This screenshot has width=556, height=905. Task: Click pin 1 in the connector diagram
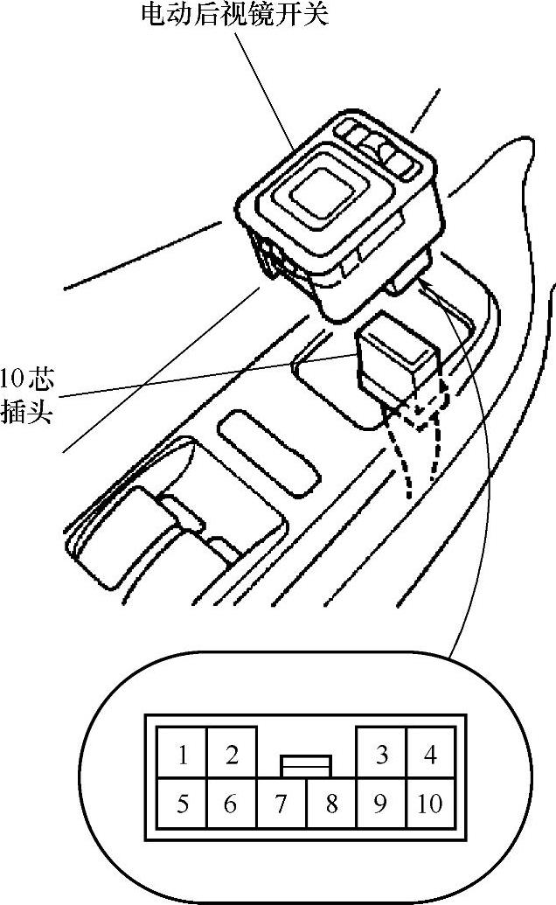click(182, 755)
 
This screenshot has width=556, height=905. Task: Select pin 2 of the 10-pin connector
click(232, 755)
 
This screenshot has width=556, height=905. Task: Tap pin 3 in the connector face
click(381, 755)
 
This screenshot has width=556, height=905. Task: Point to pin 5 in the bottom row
click(182, 804)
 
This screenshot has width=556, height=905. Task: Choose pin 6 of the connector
click(231, 804)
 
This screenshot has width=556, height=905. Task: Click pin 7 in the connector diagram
click(281, 804)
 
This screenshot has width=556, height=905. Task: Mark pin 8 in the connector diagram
click(330, 804)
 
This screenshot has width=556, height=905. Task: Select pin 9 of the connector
click(380, 804)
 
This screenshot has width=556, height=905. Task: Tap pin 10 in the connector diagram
click(430, 804)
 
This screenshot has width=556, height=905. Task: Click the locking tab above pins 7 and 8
click(306, 766)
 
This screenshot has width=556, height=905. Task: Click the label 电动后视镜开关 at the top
click(235, 15)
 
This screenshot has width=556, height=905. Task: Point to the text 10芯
click(27, 379)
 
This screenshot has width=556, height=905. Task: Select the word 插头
click(27, 411)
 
